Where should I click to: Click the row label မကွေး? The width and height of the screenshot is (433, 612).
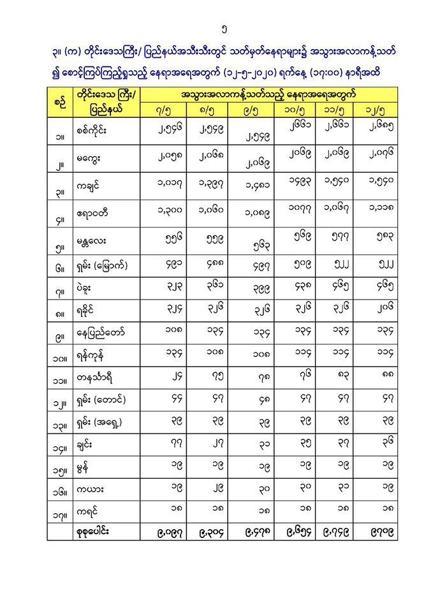click(x=89, y=159)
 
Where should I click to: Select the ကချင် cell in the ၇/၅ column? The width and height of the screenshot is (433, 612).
click(x=163, y=186)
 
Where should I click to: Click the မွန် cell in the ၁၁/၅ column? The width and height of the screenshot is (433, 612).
click(x=338, y=466)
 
